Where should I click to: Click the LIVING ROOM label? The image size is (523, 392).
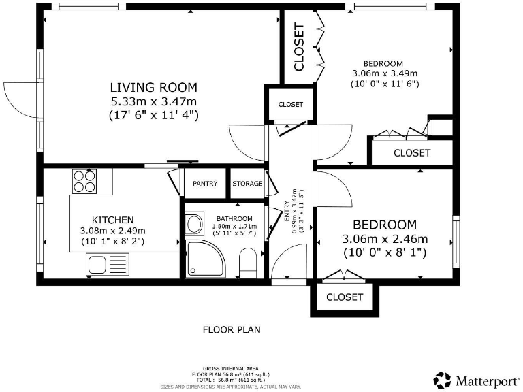pyautogui.click(x=154, y=87)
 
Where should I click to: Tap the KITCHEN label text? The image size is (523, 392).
pyautogui.click(x=112, y=220)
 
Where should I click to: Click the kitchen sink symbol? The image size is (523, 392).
pyautogui.click(x=98, y=264)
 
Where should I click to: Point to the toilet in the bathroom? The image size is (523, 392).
pyautogui.click(x=248, y=262)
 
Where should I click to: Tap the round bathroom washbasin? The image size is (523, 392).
pyautogui.click(x=193, y=224)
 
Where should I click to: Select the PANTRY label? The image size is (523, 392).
pyautogui.click(x=205, y=184)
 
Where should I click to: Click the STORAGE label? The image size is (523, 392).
pyautogui.click(x=247, y=184)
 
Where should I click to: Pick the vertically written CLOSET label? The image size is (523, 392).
pyautogui.click(x=298, y=47)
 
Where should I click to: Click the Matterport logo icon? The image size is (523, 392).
pyautogui.click(x=443, y=380)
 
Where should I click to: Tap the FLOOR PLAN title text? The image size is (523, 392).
pyautogui.click(x=232, y=329)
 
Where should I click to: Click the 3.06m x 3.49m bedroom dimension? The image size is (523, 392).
pyautogui.click(x=384, y=73)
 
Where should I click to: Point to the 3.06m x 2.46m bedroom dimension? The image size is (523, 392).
pyautogui.click(x=384, y=239)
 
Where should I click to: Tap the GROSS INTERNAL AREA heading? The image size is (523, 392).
pyautogui.click(x=232, y=366)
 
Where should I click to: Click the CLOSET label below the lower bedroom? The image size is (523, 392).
pyautogui.click(x=345, y=297)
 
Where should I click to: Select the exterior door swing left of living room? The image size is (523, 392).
pyautogui.click(x=19, y=99)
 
